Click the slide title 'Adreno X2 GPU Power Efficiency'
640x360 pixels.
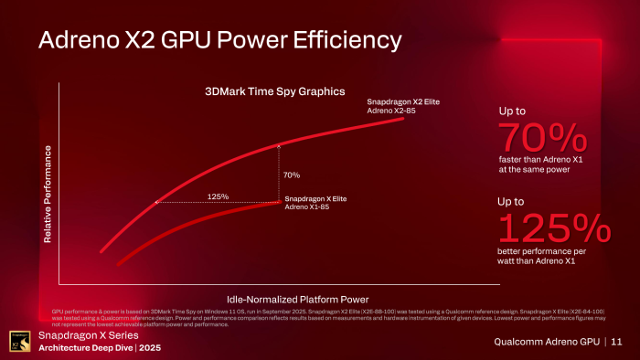pos(219,40)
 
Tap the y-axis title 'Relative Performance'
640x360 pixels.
pos(47,194)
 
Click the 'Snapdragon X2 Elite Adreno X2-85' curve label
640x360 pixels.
pos(403,106)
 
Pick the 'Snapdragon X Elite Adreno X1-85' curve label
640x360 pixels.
pos(315,202)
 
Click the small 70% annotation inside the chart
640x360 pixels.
pos(293,175)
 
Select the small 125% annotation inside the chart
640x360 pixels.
pos(218,196)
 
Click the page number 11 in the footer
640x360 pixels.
pos(616,342)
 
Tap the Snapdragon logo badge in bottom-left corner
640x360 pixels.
pos(16,342)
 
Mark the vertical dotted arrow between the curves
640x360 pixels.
pos(279,172)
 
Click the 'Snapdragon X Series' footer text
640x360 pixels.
pos(78,335)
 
